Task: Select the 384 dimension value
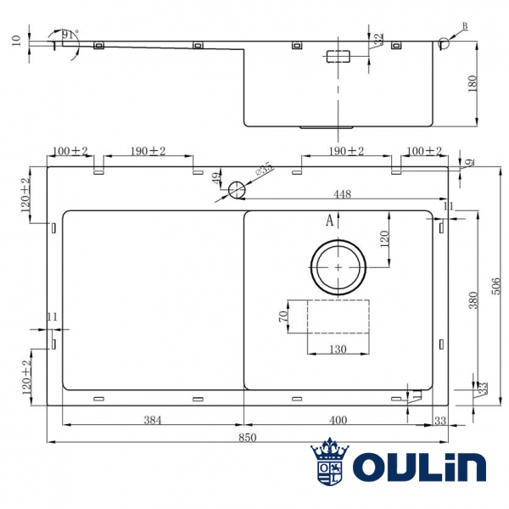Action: tap(153, 419)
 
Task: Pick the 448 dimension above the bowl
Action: tap(342, 193)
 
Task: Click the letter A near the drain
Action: tap(330, 221)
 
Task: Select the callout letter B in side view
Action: tap(463, 28)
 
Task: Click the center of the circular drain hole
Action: tap(339, 266)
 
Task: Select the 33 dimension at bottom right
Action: tap(439, 419)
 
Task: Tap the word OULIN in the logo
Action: tap(418, 467)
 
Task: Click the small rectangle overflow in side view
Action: tap(340, 57)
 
